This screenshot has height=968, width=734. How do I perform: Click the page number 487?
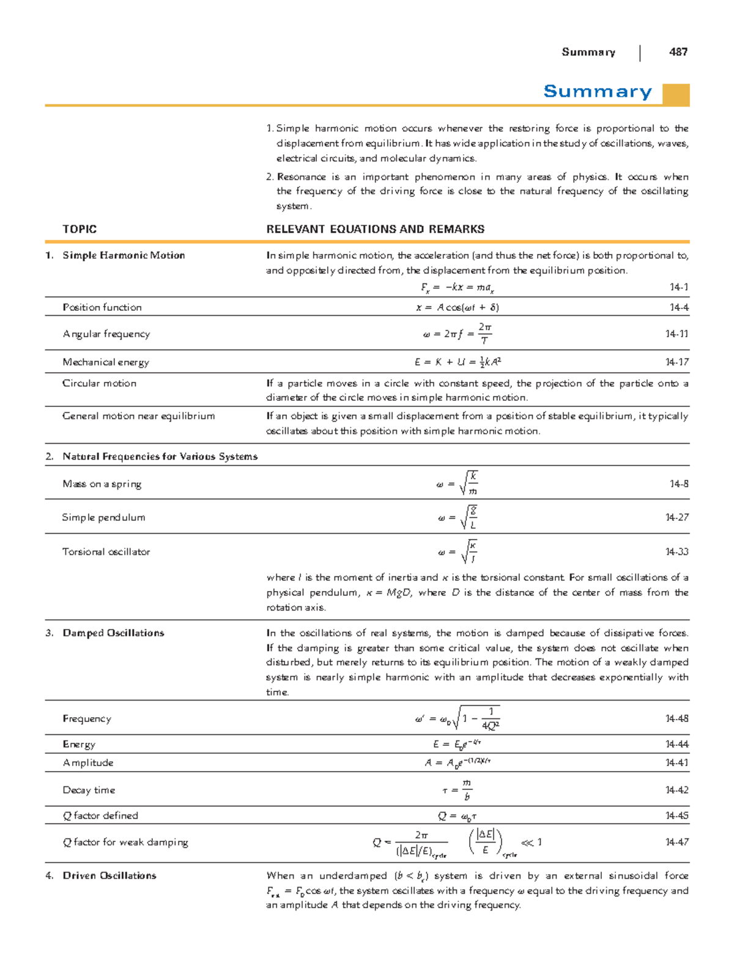(678, 52)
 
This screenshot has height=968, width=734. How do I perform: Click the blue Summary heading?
(597, 92)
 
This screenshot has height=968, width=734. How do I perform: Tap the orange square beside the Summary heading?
(676, 95)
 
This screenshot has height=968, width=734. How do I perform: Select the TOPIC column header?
(80, 229)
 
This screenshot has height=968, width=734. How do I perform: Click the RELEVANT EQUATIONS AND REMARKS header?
(376, 229)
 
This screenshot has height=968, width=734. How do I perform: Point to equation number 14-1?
(679, 287)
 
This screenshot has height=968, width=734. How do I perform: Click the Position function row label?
(102, 307)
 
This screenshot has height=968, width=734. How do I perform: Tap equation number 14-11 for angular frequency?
(677, 334)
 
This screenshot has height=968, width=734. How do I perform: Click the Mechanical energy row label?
(106, 362)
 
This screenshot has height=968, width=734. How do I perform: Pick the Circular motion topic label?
(99, 383)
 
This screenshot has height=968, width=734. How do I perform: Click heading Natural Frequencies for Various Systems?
(160, 456)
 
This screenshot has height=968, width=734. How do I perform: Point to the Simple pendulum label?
(103, 518)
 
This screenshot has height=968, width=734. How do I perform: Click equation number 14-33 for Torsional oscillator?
(677, 552)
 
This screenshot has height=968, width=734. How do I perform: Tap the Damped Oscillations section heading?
(113, 633)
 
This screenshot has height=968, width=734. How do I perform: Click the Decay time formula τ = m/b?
(458, 790)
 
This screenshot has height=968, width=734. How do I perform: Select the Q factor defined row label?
(100, 816)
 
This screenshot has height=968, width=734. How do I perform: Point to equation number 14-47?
(677, 843)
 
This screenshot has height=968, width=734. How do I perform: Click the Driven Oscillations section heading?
(109, 876)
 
